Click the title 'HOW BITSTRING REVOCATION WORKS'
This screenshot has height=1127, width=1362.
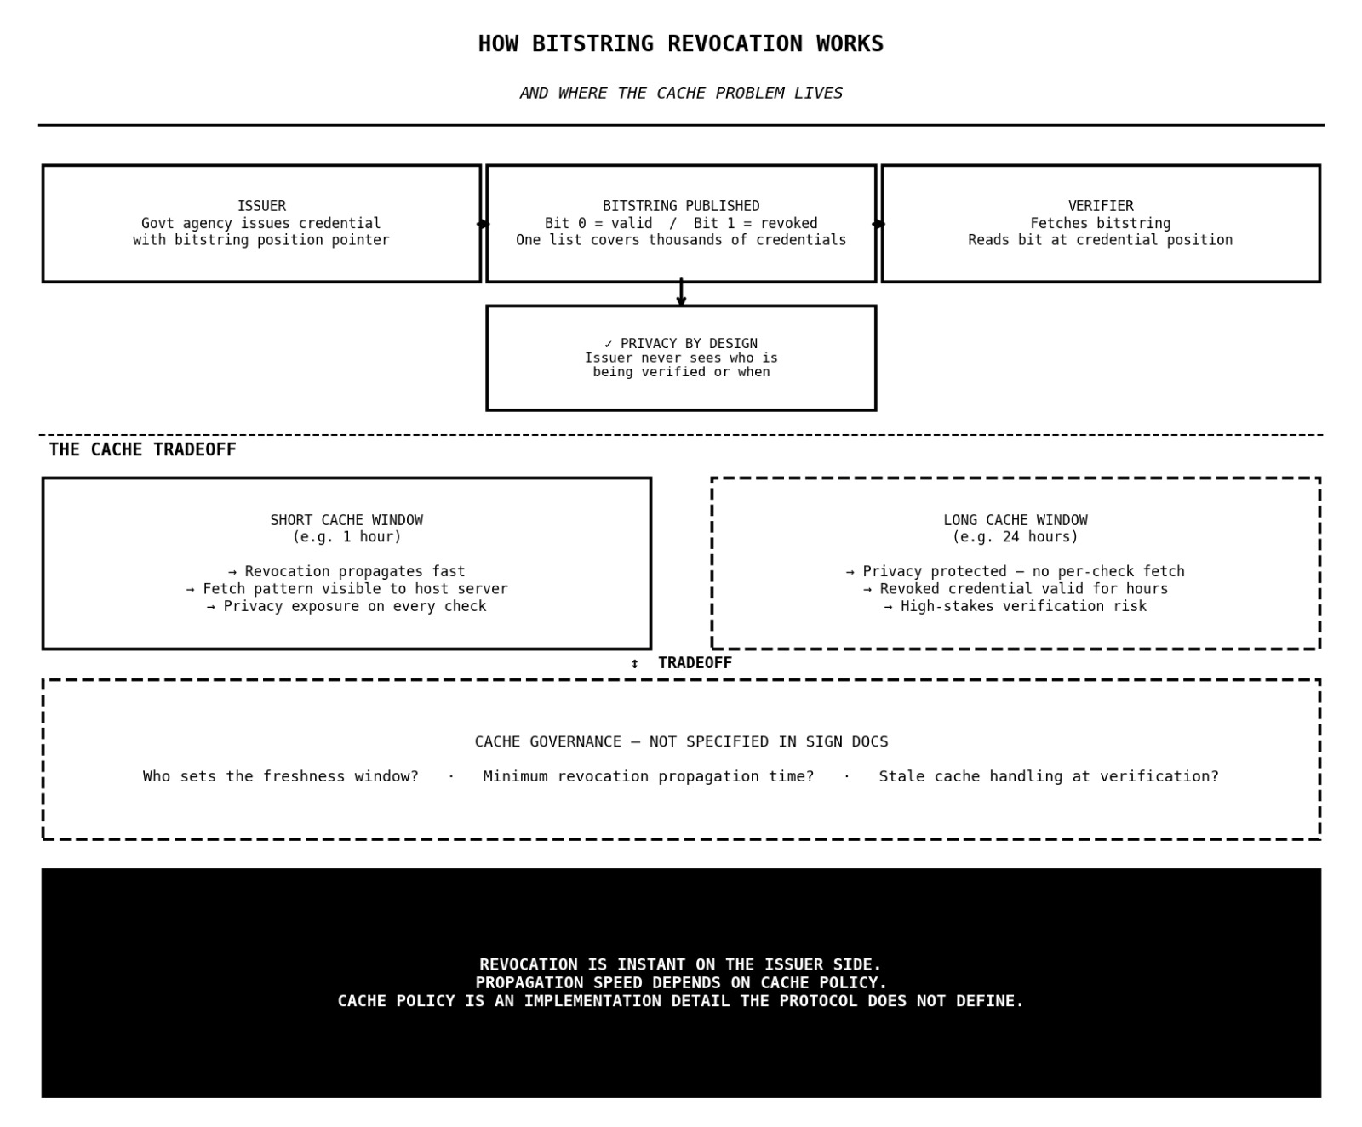click(680, 44)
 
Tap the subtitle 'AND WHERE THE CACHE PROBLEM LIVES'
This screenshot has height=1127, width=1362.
click(680, 94)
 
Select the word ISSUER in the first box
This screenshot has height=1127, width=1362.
click(261, 206)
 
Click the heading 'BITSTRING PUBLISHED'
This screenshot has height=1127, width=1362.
click(680, 206)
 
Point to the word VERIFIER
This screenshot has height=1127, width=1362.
click(1100, 206)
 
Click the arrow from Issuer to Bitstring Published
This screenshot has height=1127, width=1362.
click(484, 224)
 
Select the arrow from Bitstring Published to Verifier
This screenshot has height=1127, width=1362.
click(878, 224)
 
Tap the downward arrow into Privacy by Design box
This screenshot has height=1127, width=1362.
click(681, 293)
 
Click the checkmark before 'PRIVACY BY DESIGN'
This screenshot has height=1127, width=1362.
click(609, 344)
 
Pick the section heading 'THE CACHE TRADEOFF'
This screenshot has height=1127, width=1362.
click(142, 450)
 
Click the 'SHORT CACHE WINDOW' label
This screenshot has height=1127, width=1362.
click(346, 520)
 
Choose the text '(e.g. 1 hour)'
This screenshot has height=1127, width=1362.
click(346, 537)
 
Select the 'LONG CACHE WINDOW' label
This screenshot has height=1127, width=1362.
click(1015, 520)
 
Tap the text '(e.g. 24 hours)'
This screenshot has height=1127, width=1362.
click(1015, 537)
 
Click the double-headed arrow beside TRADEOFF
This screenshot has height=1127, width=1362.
click(634, 664)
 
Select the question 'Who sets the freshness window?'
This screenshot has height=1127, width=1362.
click(281, 776)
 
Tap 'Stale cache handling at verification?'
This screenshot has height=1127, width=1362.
click(1049, 776)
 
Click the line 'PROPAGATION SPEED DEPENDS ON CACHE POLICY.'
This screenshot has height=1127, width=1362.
click(681, 983)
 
